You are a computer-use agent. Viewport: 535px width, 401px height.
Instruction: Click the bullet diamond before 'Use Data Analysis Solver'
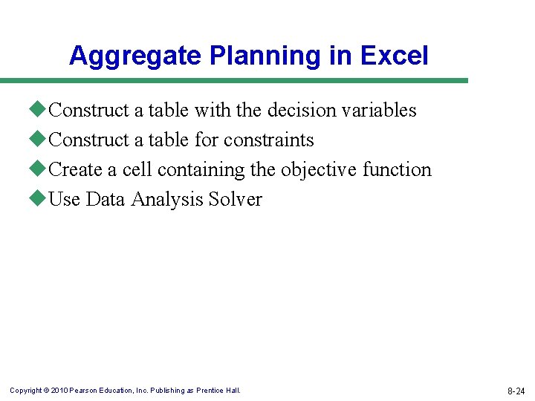40,198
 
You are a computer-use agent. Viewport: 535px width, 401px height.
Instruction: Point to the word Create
75,170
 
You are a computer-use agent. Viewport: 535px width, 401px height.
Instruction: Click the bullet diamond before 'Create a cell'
40,169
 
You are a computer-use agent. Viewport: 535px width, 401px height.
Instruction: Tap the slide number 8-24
516,391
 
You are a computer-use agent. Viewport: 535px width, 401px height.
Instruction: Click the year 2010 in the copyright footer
59,391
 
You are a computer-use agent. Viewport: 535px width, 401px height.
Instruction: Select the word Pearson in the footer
83,391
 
